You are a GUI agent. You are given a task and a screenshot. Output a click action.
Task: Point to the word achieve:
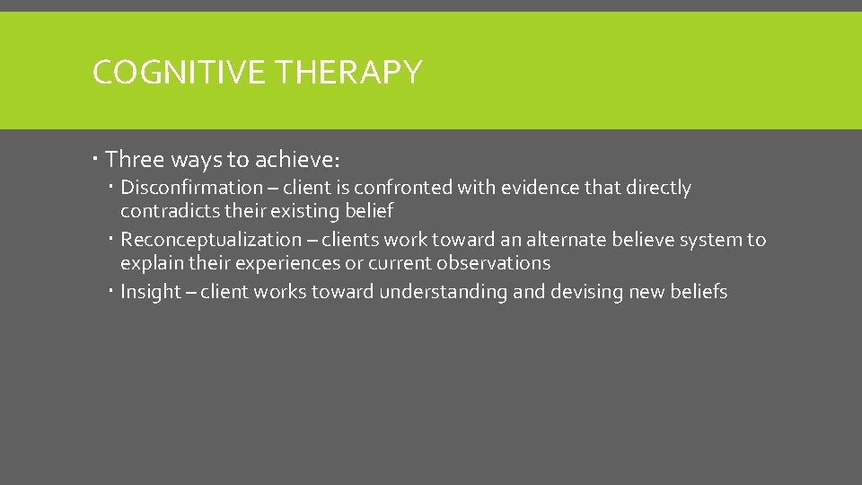297,160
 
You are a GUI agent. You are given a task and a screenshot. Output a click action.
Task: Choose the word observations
493,263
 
